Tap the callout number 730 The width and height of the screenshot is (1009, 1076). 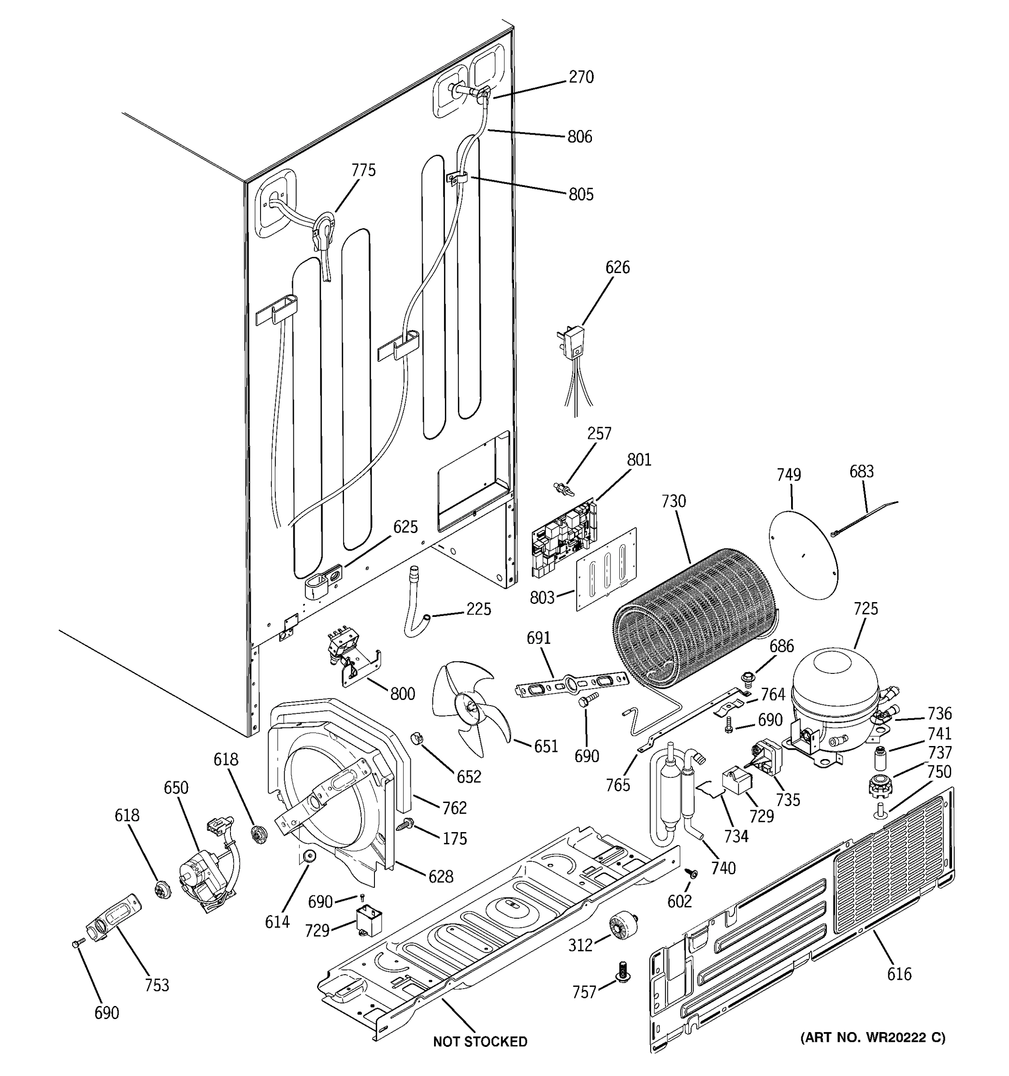pos(674,501)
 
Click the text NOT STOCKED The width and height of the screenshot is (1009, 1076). pos(479,1041)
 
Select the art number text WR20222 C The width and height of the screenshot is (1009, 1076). pos(873,1037)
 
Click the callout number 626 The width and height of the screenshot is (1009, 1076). pos(618,267)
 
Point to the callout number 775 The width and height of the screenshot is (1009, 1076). pos(363,170)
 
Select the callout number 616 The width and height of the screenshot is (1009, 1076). pos(899,974)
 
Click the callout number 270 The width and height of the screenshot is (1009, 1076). pos(581,78)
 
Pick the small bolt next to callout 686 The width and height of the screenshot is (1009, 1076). pos(747,677)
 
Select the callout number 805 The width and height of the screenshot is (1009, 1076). pos(581,194)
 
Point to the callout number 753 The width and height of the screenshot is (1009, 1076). pos(157,985)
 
